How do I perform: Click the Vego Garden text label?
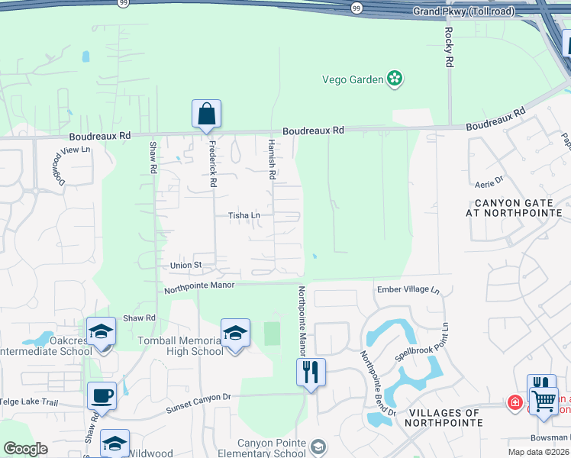point(352,79)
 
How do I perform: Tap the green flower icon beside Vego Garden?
point(395,78)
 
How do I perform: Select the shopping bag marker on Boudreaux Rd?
point(206,114)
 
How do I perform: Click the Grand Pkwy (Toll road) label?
point(463,11)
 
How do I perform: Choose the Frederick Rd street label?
point(212,165)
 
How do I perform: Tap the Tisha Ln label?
point(244,216)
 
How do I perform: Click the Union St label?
point(185,265)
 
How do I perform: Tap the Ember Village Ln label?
point(408,290)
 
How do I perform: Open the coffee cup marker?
point(102,396)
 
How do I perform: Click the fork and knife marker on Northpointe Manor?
point(311,373)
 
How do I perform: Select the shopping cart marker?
point(544,399)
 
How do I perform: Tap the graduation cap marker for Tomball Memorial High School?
point(235,334)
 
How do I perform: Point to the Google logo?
point(25,449)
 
